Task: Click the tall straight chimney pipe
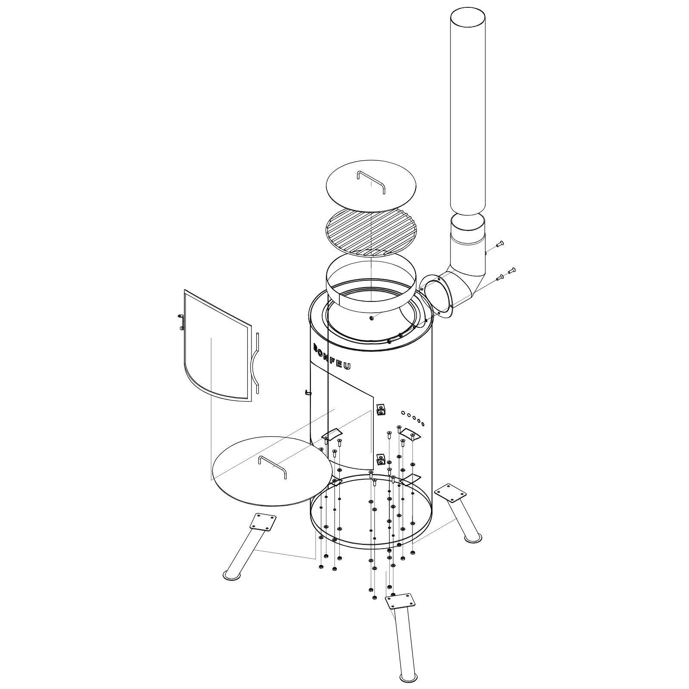(x=468, y=112)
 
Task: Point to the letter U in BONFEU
(x=347, y=366)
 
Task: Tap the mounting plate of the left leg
(x=263, y=522)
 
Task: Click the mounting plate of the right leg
(x=450, y=492)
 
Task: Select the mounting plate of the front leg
(x=400, y=601)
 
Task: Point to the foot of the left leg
(x=232, y=575)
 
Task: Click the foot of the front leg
(x=409, y=677)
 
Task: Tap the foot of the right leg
(x=472, y=538)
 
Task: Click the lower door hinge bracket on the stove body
(x=380, y=460)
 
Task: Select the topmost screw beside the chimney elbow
(x=500, y=244)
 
